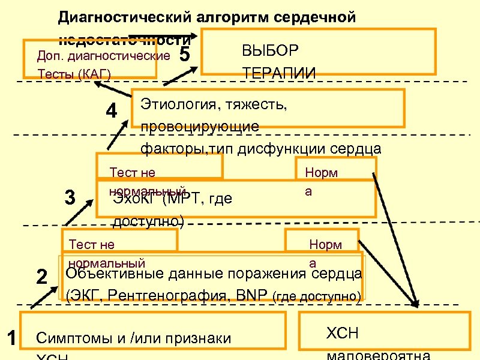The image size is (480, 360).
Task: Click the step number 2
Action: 41,277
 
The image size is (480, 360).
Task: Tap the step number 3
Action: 70,197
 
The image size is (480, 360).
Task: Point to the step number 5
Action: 185,55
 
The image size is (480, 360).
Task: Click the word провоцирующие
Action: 200,127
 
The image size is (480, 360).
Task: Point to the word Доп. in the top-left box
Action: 49,56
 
